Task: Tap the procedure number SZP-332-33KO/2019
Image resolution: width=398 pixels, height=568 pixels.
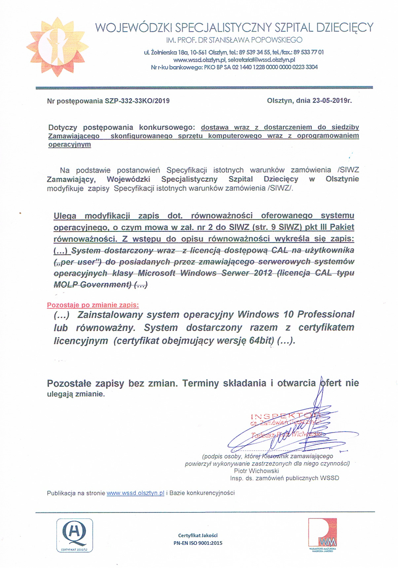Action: [137, 101]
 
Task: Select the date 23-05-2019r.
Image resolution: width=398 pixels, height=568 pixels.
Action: [332, 101]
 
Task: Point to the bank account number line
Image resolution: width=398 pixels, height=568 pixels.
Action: [234, 67]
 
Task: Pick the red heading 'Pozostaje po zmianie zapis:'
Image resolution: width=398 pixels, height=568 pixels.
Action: [93, 305]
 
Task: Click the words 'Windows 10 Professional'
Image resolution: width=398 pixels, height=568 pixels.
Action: [296, 314]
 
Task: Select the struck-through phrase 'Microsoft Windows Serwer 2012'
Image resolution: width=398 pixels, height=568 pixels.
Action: [205, 273]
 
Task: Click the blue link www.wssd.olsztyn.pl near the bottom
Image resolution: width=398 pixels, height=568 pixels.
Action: [135, 493]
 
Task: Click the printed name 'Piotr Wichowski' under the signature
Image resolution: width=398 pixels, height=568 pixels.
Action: [256, 471]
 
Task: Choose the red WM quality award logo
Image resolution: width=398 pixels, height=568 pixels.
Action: [322, 534]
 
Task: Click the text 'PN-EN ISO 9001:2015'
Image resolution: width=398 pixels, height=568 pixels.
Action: [198, 543]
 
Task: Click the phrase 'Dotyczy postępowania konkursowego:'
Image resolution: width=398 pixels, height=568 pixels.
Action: [122, 128]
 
